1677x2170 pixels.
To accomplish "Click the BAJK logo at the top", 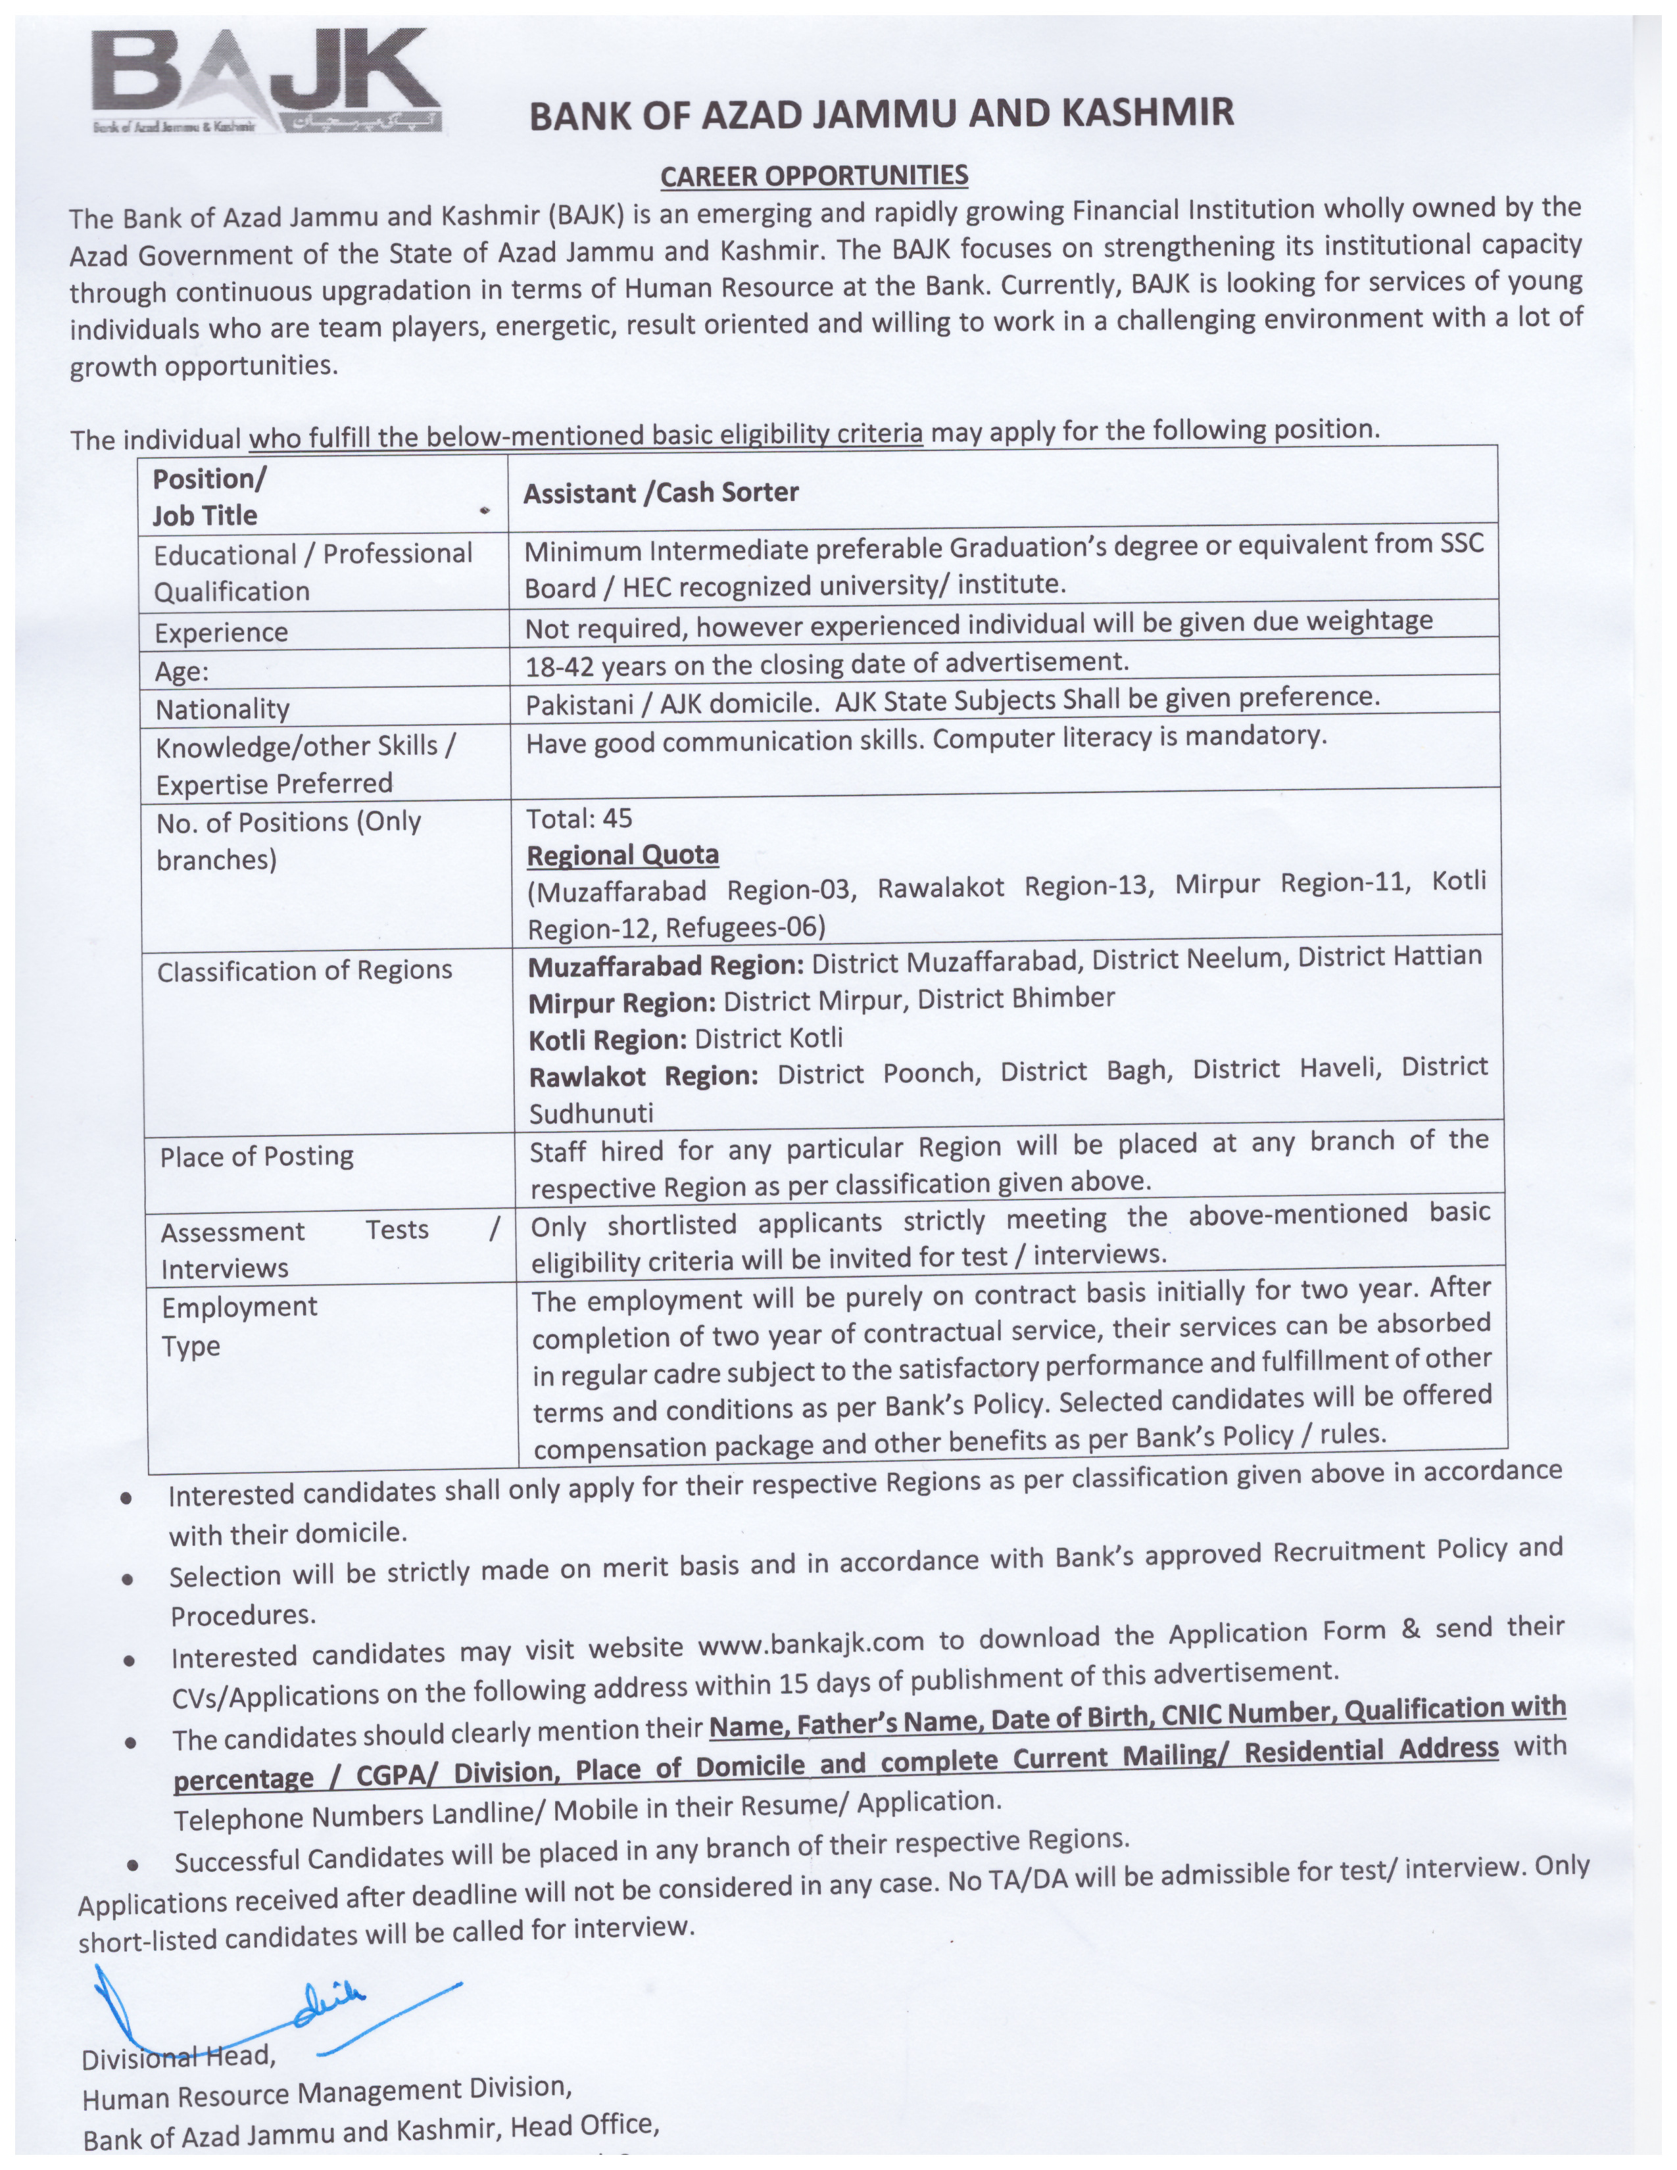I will [x=266, y=82].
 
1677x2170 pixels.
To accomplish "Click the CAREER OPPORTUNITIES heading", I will [x=814, y=176].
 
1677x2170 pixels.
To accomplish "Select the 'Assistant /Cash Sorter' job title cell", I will [x=661, y=493].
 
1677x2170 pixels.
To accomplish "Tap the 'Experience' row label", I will [x=220, y=632].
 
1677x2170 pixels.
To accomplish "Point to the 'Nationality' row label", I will [x=222, y=708].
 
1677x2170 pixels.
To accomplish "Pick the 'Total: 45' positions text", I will [x=579, y=818].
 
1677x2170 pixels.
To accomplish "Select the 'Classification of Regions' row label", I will [x=304, y=970].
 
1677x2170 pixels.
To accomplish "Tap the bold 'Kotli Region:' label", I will [x=607, y=1039].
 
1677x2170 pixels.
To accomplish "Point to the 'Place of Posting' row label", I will [x=256, y=1155].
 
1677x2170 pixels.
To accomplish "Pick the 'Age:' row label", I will [x=182, y=671].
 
